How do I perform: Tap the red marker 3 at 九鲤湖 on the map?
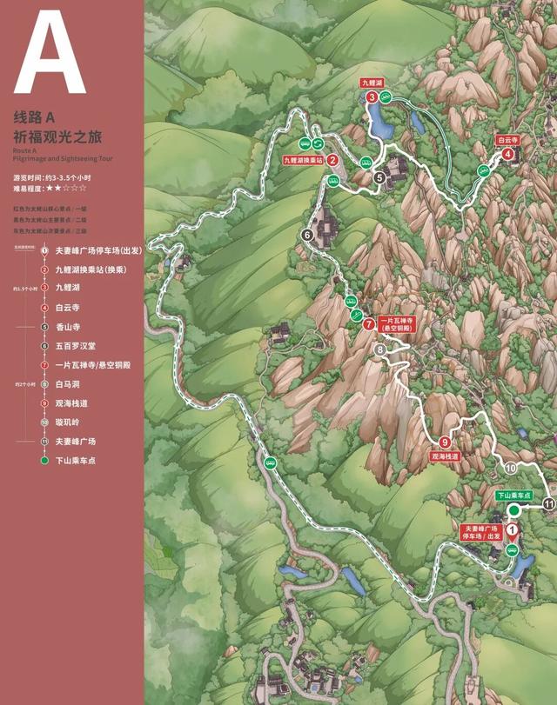372,97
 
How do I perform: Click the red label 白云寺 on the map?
507,139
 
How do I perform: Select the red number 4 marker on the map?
507,155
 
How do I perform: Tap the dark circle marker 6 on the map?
307,235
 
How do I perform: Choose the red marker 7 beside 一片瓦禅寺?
369,324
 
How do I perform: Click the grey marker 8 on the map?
379,349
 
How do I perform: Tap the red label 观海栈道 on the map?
445,456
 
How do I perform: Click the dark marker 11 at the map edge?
548,503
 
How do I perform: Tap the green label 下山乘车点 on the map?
513,495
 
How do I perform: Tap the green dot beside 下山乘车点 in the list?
44,461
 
